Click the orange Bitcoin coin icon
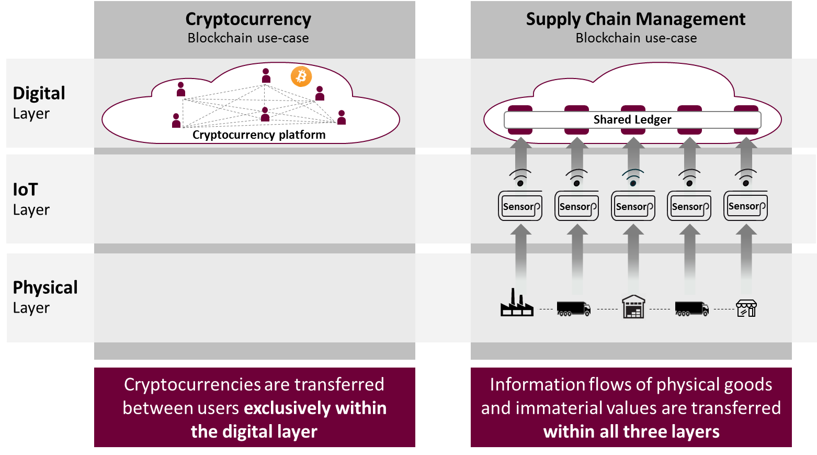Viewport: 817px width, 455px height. (301, 76)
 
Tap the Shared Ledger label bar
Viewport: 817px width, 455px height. (632, 120)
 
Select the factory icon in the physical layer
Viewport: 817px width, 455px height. (517, 303)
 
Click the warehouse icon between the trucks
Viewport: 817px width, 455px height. (633, 307)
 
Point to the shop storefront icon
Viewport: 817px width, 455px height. (746, 308)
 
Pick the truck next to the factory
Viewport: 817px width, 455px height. (573, 308)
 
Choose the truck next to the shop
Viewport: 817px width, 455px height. (691, 308)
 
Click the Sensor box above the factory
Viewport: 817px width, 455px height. (520, 206)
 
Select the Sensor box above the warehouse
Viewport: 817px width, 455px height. (633, 206)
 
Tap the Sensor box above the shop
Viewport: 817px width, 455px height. (746, 206)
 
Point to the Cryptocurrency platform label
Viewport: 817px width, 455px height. (259, 135)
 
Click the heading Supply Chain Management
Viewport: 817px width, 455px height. (636, 19)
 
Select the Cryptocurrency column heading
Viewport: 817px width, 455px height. (248, 19)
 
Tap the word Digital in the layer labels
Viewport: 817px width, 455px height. (39, 93)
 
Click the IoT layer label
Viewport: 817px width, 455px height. (26, 190)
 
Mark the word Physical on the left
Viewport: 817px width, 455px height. (46, 287)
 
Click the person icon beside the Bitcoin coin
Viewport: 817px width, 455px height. (266, 75)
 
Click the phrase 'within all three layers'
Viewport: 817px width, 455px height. (631, 432)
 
